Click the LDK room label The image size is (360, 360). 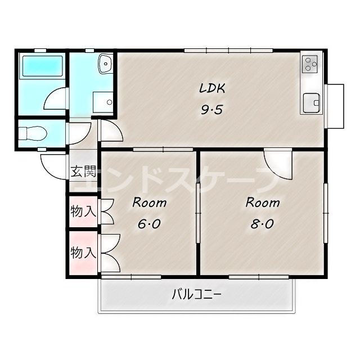tap(212, 88)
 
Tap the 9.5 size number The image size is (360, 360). tap(212, 110)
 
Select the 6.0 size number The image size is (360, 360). tap(148, 224)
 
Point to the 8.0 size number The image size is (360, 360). tap(262, 224)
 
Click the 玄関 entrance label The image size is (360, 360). tap(83, 171)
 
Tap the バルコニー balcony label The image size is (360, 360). tap(196, 295)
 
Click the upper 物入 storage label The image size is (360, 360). tap(83, 211)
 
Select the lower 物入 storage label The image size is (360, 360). tap(83, 253)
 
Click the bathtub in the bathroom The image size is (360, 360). tap(42, 66)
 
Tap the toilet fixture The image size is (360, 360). tap(33, 133)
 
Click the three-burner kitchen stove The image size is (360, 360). tap(309, 64)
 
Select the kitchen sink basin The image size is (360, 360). tap(311, 103)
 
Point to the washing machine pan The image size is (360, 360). tap(103, 102)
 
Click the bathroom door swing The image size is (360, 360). tap(56, 99)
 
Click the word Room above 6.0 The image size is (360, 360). tap(149, 202)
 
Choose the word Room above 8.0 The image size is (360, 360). tap(263, 202)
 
